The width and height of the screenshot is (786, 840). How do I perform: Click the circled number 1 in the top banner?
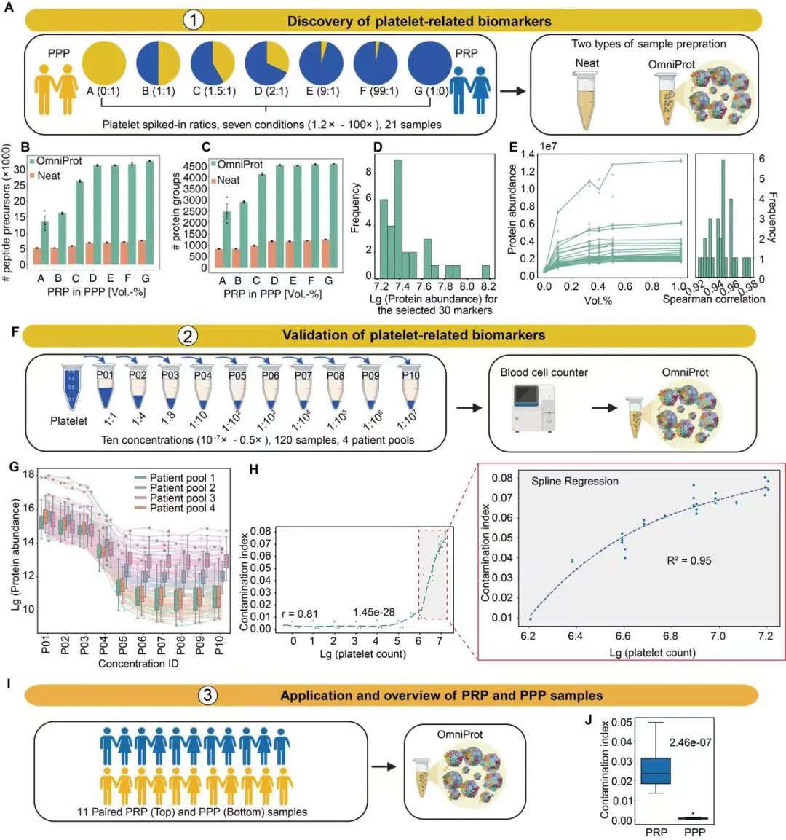[x=193, y=20]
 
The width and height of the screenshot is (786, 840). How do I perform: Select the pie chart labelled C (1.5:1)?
[x=215, y=63]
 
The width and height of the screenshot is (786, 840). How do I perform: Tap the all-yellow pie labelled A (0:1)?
[x=108, y=63]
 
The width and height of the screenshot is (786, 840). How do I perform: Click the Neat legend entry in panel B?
[x=45, y=176]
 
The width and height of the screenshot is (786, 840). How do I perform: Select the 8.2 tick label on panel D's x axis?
[x=487, y=287]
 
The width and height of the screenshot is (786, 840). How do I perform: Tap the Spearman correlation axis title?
[x=713, y=299]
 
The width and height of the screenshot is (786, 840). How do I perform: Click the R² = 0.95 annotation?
[x=688, y=560]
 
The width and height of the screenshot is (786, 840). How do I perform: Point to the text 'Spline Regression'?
[x=574, y=481]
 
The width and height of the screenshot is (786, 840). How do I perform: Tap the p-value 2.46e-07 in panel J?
[x=691, y=742]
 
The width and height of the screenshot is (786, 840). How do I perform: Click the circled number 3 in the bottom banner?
[x=207, y=695]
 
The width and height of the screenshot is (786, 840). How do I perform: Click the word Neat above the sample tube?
[x=587, y=63]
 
